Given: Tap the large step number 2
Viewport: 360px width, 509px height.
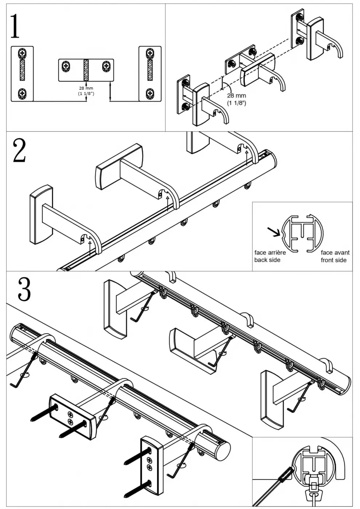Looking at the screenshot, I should click(x=19, y=151).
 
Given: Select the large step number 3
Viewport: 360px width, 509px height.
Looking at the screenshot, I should click(x=24, y=289).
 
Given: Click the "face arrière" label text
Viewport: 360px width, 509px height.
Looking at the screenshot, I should click(x=270, y=252).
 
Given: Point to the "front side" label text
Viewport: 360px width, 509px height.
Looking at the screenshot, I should click(x=333, y=260).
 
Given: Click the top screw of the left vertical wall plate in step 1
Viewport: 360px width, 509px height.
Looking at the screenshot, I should click(x=23, y=53).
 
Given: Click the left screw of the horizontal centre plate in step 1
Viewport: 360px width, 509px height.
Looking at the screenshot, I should click(x=66, y=66).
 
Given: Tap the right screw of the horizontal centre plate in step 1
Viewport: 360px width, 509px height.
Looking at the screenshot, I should click(x=106, y=66).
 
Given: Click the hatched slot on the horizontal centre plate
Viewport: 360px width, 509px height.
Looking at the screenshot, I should click(x=86, y=70).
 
